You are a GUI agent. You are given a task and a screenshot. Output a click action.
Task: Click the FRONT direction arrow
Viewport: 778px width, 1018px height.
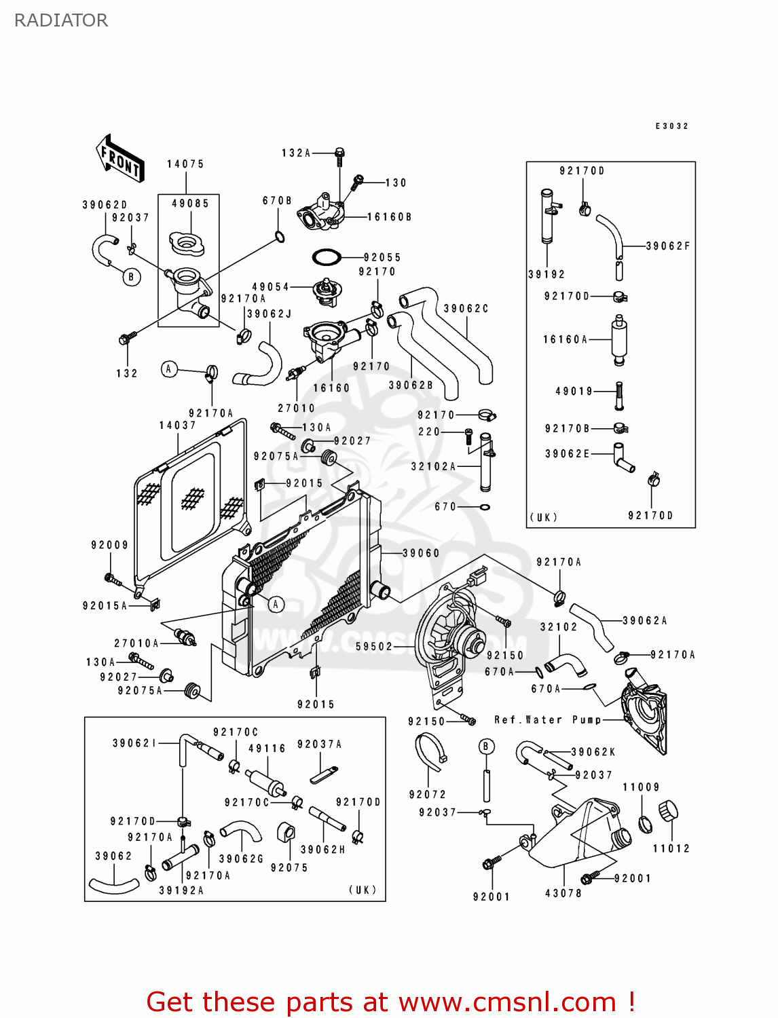[119, 158]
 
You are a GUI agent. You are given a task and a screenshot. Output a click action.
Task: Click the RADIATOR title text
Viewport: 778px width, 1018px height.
[61, 20]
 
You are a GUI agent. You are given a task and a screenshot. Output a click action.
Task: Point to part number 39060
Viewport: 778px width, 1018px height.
[421, 553]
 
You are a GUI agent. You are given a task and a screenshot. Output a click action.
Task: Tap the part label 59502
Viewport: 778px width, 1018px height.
[374, 647]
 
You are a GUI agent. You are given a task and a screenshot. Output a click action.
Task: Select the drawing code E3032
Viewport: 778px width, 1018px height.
[672, 126]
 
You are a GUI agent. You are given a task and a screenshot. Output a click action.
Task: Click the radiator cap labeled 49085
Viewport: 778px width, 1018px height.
[187, 243]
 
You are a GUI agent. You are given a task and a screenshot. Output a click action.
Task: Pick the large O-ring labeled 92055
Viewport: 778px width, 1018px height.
[327, 257]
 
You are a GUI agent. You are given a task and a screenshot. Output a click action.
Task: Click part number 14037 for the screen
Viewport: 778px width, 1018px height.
[178, 426]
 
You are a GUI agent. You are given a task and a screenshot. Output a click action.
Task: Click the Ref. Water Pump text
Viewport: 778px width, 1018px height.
[548, 720]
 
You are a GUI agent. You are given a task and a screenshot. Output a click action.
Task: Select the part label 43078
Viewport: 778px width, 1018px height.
[563, 892]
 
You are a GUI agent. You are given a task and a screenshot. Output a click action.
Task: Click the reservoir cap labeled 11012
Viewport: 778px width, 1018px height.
[668, 811]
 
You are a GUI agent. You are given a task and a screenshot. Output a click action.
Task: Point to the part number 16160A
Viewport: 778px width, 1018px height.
[565, 339]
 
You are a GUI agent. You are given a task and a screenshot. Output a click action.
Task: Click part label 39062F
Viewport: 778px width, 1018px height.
[668, 246]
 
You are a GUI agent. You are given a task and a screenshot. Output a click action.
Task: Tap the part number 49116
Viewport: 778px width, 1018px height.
[267, 749]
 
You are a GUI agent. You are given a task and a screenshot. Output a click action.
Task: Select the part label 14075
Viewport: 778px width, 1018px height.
[185, 164]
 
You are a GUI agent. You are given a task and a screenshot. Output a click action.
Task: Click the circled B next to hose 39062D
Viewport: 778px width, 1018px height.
[131, 277]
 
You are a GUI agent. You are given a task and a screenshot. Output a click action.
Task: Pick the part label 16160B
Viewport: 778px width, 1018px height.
[389, 217]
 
